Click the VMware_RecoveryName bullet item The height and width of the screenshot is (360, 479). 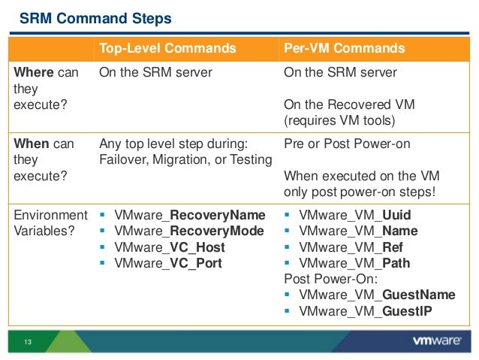pyautogui.click(x=190, y=215)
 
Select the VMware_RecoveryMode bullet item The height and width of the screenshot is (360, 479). pyautogui.click(x=188, y=231)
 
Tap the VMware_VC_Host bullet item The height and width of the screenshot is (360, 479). pyautogui.click(x=170, y=247)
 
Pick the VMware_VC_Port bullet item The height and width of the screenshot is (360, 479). pyautogui.click(x=168, y=262)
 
